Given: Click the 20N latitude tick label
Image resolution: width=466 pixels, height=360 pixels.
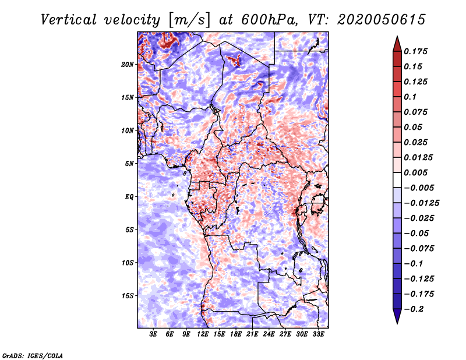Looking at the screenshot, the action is [128, 65].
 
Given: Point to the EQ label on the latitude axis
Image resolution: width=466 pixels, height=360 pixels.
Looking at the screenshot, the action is [129, 197].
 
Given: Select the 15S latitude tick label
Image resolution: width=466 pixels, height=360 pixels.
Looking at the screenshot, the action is [128, 296].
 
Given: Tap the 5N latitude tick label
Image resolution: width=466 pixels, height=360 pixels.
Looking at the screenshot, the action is [129, 164].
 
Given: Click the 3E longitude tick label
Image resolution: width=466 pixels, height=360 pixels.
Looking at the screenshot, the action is [153, 334].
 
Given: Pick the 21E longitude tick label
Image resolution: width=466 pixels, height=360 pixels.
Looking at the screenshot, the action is [252, 334].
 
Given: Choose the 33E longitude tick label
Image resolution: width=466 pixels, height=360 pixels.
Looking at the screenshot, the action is [318, 334].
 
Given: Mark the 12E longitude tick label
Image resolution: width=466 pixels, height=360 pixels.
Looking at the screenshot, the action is [202, 334].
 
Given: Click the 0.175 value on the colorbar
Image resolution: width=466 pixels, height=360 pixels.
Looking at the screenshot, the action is [415, 51].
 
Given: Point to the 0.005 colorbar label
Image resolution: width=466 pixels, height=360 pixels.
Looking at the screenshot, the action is [415, 172].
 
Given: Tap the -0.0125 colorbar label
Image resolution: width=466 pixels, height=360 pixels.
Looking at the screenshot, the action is [421, 203].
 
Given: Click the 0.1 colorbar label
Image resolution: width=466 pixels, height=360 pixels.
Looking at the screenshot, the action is [410, 97].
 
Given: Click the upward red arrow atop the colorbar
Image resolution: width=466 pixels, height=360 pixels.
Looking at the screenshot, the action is [397, 44].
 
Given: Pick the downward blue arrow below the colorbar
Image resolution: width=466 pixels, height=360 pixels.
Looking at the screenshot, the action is [397, 316].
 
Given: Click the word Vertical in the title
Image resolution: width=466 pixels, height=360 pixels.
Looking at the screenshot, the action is [69, 20].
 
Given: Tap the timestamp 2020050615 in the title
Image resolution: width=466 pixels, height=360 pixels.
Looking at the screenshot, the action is [382, 20].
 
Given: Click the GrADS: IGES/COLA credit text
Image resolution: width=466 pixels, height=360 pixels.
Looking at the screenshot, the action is [33, 356].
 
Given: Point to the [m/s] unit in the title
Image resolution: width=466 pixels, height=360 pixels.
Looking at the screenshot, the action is [189, 20].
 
